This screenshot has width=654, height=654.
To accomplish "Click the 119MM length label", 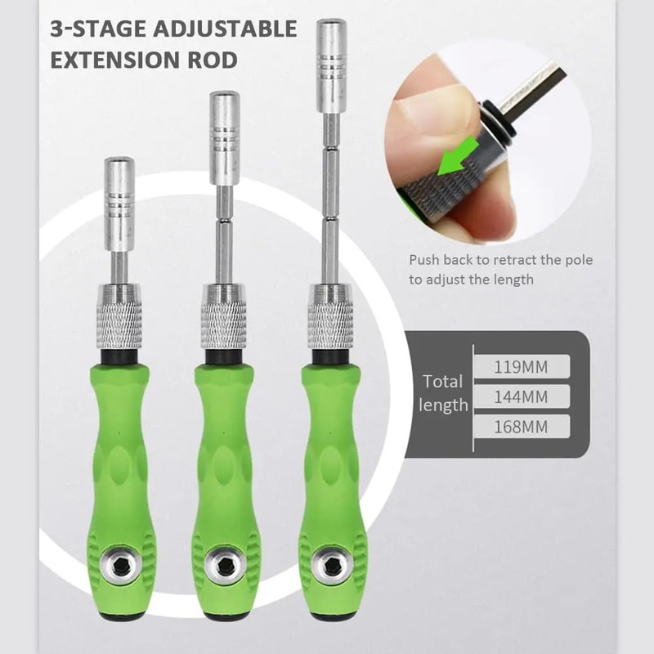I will pos(521,366).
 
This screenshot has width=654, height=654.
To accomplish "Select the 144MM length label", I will pos(521,396).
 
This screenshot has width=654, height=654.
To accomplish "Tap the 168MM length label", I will pos(521,426).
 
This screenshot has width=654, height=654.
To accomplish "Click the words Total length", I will pos(444,392).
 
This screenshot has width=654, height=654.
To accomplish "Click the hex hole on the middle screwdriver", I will pos(223,565).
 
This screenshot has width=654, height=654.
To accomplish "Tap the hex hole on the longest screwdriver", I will pos(329,565).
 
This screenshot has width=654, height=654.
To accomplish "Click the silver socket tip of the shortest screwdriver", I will pos(119,204).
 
